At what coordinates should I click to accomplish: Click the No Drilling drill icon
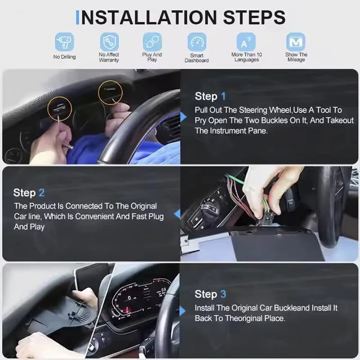pyautogui.click(x=64, y=42)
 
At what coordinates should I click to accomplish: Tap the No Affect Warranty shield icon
pyautogui.click(x=109, y=42)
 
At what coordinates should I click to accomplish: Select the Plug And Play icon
pyautogui.click(x=152, y=42)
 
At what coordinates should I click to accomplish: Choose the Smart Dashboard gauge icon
pyautogui.click(x=197, y=42)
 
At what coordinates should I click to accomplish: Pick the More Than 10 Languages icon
pyautogui.click(x=246, y=42)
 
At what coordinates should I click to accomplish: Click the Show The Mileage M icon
pyautogui.click(x=296, y=42)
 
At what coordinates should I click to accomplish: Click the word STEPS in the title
pyautogui.click(x=254, y=18)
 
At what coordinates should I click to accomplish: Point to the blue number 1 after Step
pyautogui.click(x=223, y=96)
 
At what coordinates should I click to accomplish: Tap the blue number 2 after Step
pyautogui.click(x=41, y=193)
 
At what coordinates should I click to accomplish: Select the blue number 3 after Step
pyautogui.click(x=223, y=294)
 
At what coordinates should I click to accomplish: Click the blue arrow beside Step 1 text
pyautogui.click(x=184, y=117)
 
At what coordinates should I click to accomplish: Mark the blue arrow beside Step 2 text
pyautogui.click(x=177, y=214)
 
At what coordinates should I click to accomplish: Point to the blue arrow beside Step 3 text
pyautogui.click(x=183, y=311)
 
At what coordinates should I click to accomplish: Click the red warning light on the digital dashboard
pyautogui.click(x=126, y=311)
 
